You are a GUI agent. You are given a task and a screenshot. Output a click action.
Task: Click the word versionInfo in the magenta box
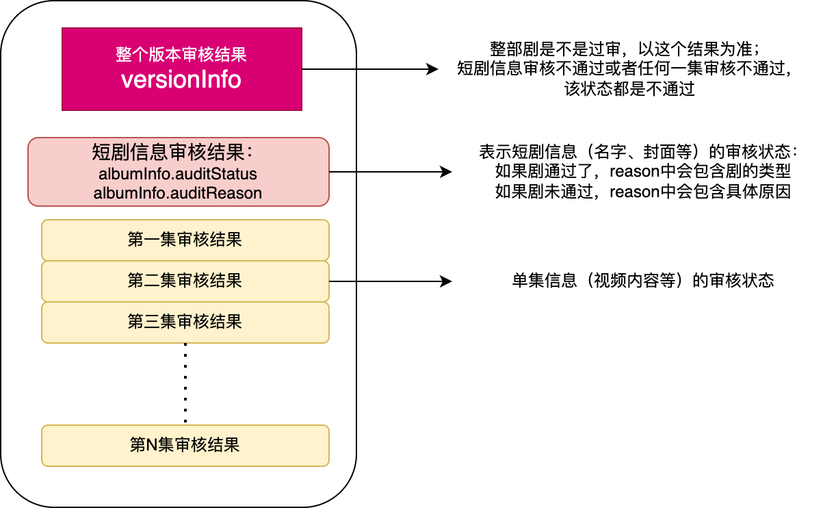[x=181, y=80]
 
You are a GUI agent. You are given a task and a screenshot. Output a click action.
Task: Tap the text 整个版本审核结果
[x=181, y=55]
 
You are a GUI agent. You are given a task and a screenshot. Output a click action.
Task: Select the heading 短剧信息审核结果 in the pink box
[x=173, y=152]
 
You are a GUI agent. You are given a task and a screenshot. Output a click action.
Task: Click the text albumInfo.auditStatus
[x=178, y=174]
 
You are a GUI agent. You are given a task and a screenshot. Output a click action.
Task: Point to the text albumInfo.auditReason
[x=178, y=193]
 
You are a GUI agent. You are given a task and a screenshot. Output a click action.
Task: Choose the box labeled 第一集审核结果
[x=185, y=240]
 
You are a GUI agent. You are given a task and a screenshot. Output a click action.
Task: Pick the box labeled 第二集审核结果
[x=185, y=281]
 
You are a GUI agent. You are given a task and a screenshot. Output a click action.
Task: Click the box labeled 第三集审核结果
[x=185, y=322]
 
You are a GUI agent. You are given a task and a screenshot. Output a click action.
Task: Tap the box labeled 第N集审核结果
[x=185, y=445]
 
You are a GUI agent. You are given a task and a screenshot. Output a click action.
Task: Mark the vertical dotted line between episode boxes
[x=185, y=383]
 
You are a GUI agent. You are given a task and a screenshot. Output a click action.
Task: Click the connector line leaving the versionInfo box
[x=329, y=69]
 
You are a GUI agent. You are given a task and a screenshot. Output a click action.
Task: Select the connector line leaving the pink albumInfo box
[x=343, y=172]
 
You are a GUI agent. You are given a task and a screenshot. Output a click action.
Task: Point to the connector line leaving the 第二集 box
[x=343, y=281]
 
